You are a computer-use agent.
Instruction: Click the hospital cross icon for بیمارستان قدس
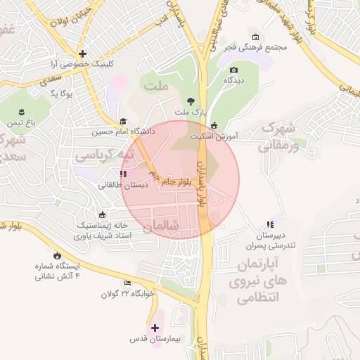click(155, 327)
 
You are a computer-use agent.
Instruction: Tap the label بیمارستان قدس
click(154, 339)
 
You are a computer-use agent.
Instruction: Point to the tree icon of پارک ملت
click(191, 101)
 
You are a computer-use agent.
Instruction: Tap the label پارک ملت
click(191, 112)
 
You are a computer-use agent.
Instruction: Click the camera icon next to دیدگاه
click(233, 70)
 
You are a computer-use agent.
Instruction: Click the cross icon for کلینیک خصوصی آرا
click(83, 53)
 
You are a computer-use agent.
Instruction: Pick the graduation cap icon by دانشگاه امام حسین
click(124, 121)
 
